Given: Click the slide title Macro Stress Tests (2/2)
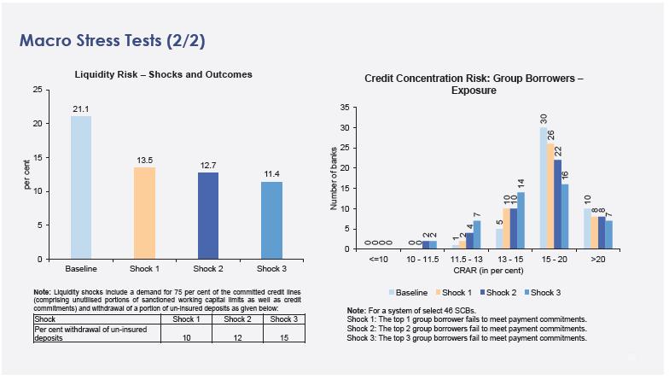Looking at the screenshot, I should pos(112,40).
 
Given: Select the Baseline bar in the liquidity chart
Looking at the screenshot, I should pos(81,187).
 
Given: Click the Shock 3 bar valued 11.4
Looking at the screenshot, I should pos(272,219).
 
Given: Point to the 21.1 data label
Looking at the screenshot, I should pos(81,108).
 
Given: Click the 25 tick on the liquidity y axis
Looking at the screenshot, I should pos(37,90).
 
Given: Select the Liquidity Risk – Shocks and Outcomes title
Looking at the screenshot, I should pos(175,74).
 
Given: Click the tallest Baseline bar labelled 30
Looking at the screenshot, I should pos(543,188).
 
